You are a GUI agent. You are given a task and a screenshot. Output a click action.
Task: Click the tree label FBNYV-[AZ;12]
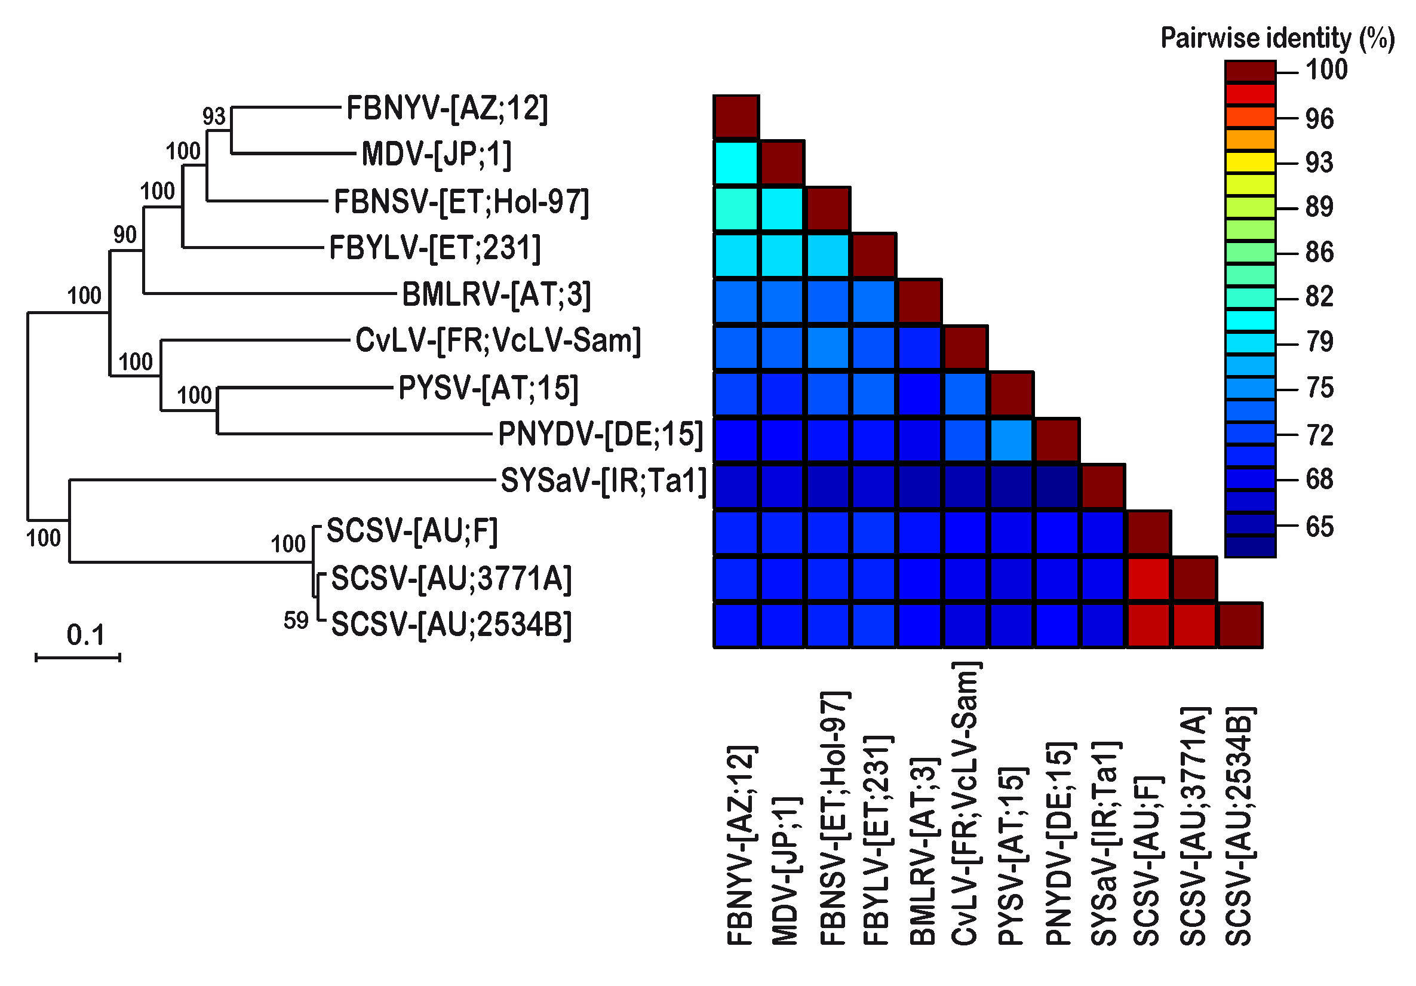(447, 109)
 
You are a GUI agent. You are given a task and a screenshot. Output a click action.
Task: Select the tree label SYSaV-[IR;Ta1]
(603, 481)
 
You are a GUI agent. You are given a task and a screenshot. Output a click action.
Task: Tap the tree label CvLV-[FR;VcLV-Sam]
(497, 340)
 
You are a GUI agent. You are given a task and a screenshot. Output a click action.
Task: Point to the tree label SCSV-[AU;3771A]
(451, 579)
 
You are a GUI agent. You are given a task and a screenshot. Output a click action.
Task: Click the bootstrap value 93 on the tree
(214, 116)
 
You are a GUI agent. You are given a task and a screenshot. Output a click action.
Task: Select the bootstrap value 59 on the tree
(296, 621)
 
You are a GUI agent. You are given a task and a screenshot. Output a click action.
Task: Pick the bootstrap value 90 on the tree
(125, 234)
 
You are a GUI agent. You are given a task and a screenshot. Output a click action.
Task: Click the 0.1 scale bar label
(86, 635)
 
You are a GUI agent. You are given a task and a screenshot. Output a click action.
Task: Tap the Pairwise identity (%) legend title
(1277, 38)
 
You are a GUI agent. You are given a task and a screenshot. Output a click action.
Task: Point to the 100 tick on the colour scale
(1326, 70)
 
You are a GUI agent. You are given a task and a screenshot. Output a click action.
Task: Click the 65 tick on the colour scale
(1320, 527)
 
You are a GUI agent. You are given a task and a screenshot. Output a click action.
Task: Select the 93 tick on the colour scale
(1320, 163)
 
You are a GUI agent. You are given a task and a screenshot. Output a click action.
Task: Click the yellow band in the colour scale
(1250, 162)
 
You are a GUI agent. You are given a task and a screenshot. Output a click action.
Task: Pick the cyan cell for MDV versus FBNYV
(736, 164)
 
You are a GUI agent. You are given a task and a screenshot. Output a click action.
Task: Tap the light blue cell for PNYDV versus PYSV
(1012, 440)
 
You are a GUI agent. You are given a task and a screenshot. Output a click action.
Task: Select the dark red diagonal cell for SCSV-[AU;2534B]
(1240, 625)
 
